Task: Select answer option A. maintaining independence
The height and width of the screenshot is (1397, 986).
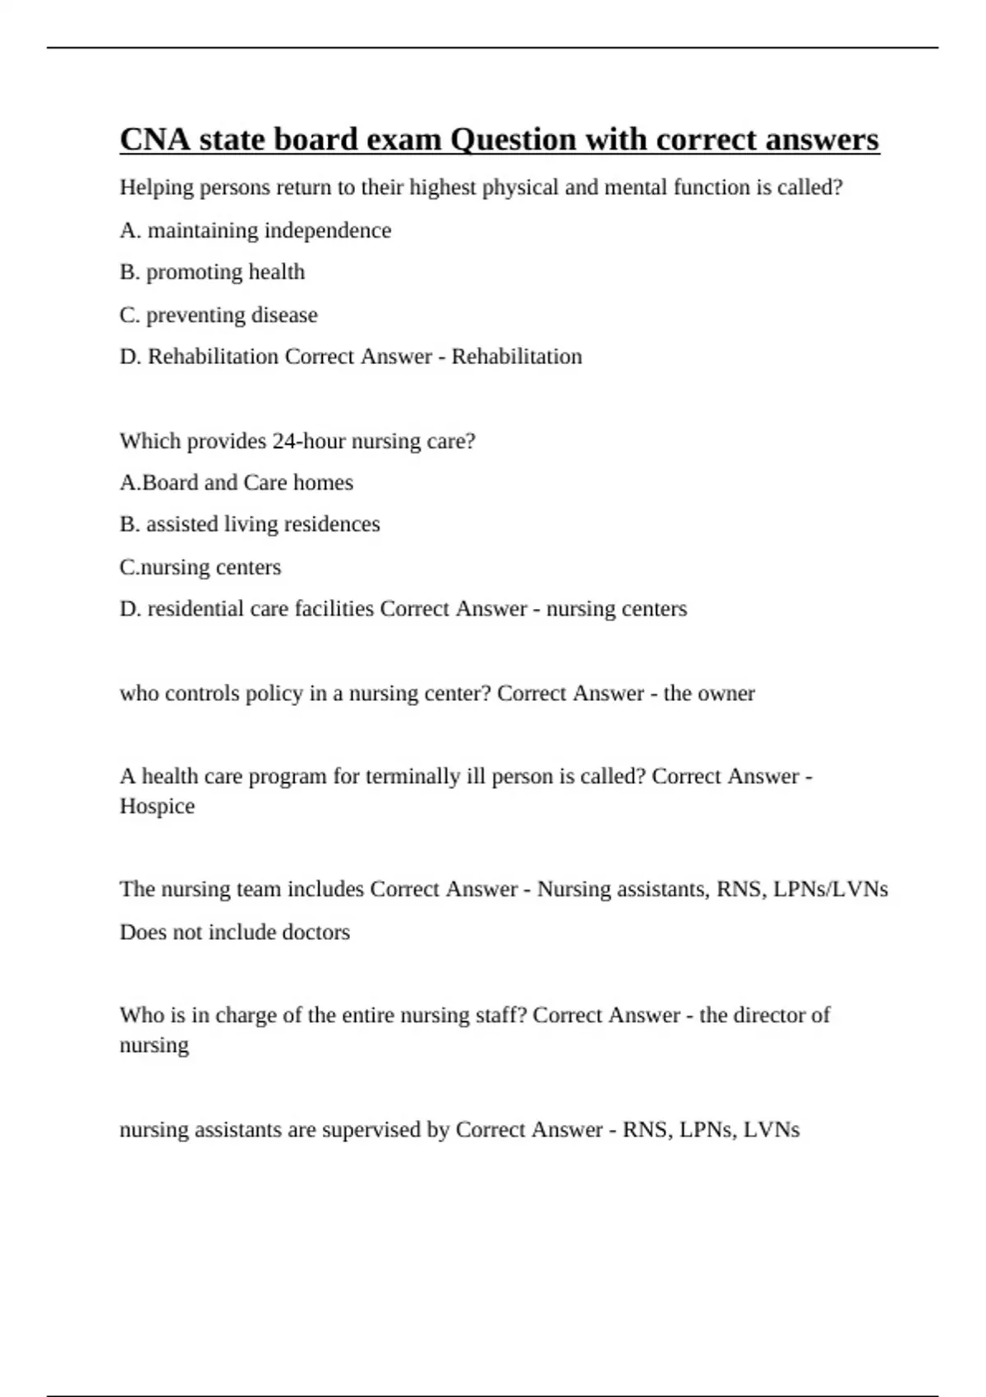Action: tap(255, 230)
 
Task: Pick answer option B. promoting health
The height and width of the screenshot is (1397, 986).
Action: tap(212, 272)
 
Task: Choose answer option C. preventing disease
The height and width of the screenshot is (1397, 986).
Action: tap(219, 315)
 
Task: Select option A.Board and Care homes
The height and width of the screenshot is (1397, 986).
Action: tap(236, 482)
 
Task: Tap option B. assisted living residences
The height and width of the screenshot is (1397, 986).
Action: tap(250, 524)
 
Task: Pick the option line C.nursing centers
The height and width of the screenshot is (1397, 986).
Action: tap(200, 567)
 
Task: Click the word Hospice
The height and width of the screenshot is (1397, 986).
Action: tap(157, 806)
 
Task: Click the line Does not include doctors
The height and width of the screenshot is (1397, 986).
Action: tap(234, 932)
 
